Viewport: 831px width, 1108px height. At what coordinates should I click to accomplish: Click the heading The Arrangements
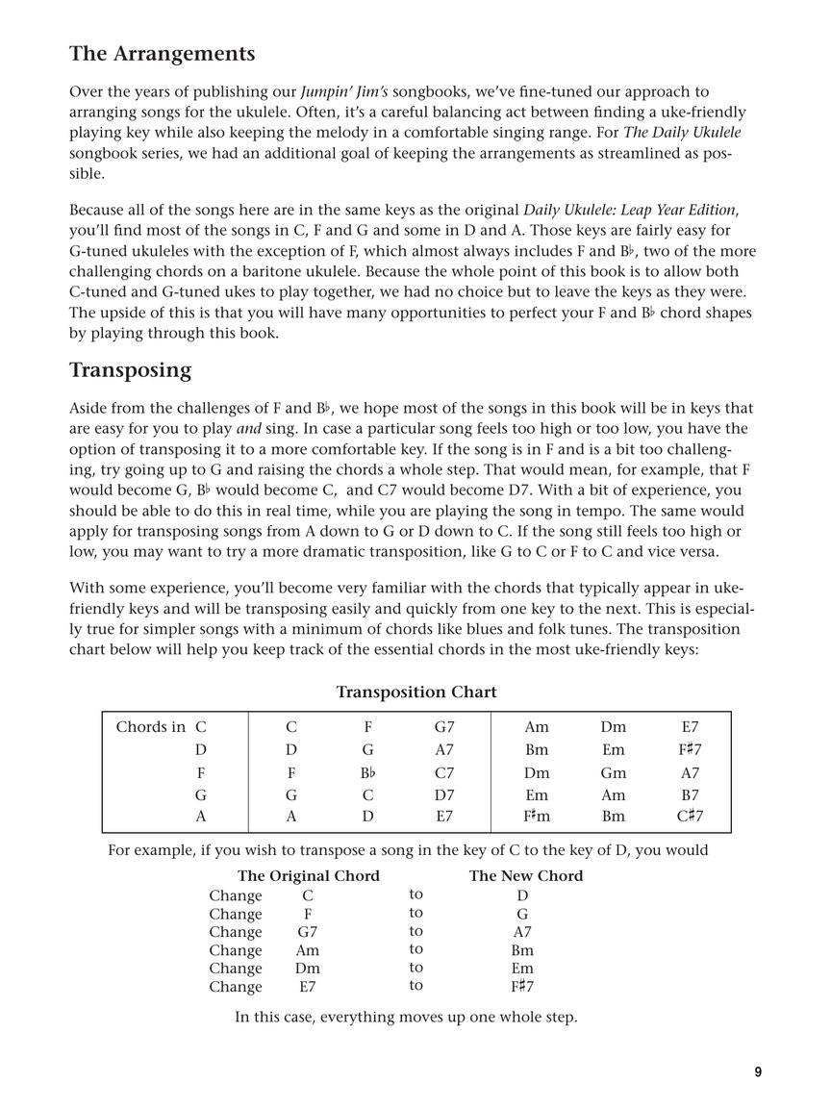[162, 54]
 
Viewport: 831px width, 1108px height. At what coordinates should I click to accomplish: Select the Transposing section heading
[130, 370]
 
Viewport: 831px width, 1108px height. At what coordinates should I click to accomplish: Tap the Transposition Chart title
[415, 692]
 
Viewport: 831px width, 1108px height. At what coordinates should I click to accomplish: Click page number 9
[758, 1072]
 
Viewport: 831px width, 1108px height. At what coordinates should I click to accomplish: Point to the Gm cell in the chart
[613, 772]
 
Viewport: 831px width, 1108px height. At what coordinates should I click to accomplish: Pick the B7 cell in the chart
[689, 795]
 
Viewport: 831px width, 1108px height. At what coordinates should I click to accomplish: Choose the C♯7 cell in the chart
[689, 817]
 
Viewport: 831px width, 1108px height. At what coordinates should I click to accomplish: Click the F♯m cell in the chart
[537, 817]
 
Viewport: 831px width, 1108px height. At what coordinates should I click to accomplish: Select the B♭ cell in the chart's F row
[367, 772]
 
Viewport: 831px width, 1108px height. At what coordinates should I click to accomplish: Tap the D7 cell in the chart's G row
[444, 795]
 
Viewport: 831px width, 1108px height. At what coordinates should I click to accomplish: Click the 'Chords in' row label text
[150, 727]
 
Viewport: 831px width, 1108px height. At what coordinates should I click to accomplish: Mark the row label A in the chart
[200, 817]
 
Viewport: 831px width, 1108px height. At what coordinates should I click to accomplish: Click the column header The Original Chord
[308, 875]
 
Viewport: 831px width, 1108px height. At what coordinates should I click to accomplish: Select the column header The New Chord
[525, 875]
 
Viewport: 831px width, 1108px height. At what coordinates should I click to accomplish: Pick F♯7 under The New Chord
[522, 986]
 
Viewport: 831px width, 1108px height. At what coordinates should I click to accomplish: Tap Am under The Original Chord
[307, 950]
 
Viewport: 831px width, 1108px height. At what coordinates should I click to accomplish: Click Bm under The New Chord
[522, 950]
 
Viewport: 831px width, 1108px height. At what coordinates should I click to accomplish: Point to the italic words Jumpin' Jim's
[344, 92]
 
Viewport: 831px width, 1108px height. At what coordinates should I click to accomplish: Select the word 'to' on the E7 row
[415, 986]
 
